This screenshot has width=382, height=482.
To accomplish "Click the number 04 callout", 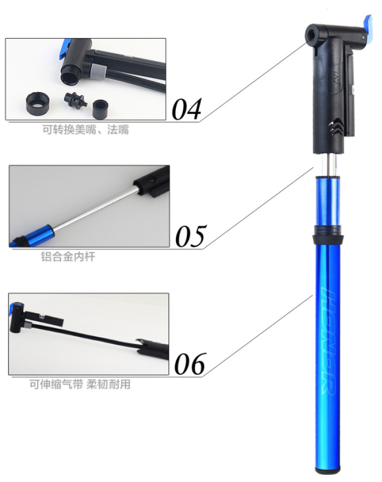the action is coord(187,109).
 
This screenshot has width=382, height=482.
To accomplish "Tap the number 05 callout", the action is coord(190,236).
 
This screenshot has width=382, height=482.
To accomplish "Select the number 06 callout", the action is coord(190,364).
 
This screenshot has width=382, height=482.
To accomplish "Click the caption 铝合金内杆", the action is coord(68,256).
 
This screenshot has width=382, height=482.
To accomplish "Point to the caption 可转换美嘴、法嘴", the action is coord(85,129).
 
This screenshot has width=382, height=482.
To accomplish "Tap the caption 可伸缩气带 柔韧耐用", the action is coord(80,384).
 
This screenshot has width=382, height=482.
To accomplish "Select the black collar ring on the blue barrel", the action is coord(327,235).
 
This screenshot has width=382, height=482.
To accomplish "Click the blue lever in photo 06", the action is coord(13,308).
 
